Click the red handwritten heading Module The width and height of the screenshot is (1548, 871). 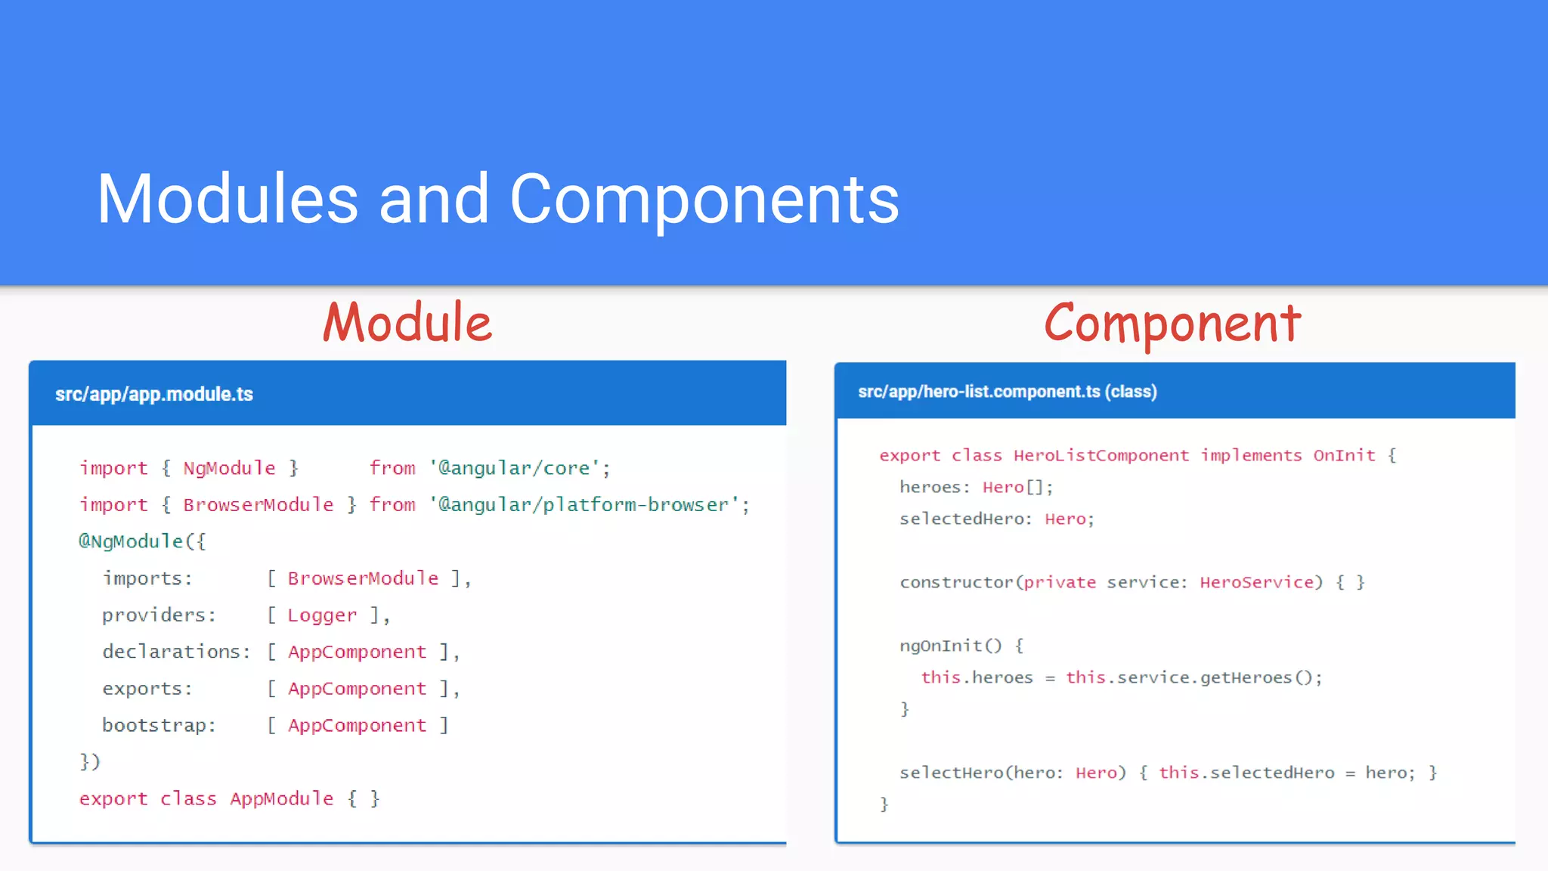tap(407, 323)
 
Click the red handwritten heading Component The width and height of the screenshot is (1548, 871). tap(1172, 324)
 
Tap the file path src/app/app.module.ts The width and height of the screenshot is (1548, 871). tap(154, 394)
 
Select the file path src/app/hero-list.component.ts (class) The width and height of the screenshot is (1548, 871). tap(1007, 392)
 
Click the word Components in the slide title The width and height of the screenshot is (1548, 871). tap(704, 199)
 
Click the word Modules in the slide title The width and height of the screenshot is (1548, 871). tap(228, 199)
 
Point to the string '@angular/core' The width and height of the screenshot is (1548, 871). tap(519, 468)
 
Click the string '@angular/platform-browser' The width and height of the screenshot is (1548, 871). tap(589, 504)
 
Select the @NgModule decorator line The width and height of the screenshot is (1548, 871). tap(142, 541)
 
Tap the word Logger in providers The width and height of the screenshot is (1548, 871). tap(322, 615)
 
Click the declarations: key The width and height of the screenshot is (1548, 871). tap(176, 652)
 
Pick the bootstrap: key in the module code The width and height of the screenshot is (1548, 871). tap(159, 725)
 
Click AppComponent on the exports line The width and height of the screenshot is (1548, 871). tap(357, 689)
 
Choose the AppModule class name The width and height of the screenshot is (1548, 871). tap(282, 798)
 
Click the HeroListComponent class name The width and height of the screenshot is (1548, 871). tap(1101, 455)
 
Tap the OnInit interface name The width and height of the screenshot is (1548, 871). tap(1344, 455)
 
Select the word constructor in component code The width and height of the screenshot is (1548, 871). tap(956, 582)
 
